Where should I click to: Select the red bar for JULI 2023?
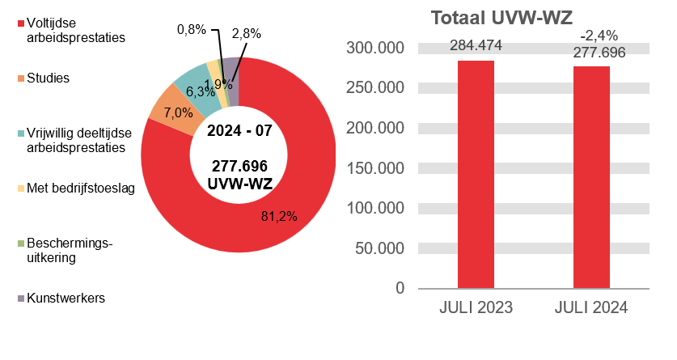coord(476,174)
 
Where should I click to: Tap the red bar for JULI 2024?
coord(591,176)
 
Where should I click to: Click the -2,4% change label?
coord(599,35)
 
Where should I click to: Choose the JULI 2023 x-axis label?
coord(476,308)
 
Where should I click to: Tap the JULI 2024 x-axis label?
coord(591,308)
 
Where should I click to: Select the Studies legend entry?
coord(48,78)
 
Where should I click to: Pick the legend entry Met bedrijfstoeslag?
coord(79,188)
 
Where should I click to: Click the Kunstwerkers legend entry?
coord(66,298)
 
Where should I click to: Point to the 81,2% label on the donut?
coord(279,216)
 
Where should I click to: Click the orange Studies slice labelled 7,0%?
coord(166,115)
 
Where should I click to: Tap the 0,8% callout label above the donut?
coord(191,29)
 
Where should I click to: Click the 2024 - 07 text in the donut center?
coord(239,130)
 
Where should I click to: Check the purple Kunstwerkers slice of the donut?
coord(231,71)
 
